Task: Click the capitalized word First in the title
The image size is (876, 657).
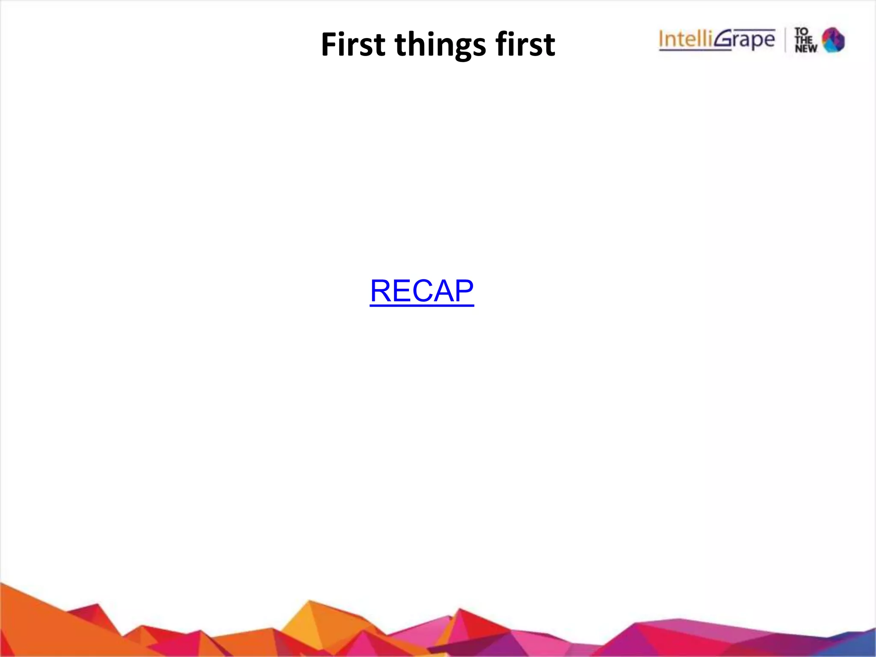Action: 353,44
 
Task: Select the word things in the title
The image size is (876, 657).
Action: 441,45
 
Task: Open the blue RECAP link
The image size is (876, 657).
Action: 422,291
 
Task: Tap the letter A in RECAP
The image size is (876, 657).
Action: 443,291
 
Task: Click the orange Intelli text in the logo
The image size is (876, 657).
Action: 686,39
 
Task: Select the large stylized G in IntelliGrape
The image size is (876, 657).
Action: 723,39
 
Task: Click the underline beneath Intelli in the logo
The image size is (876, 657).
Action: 695,50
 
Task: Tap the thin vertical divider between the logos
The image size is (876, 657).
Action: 785,40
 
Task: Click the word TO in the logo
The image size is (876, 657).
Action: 801,32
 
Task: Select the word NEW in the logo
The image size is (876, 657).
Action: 806,48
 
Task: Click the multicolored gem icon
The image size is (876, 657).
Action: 833,40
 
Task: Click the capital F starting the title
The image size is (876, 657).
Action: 329,44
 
